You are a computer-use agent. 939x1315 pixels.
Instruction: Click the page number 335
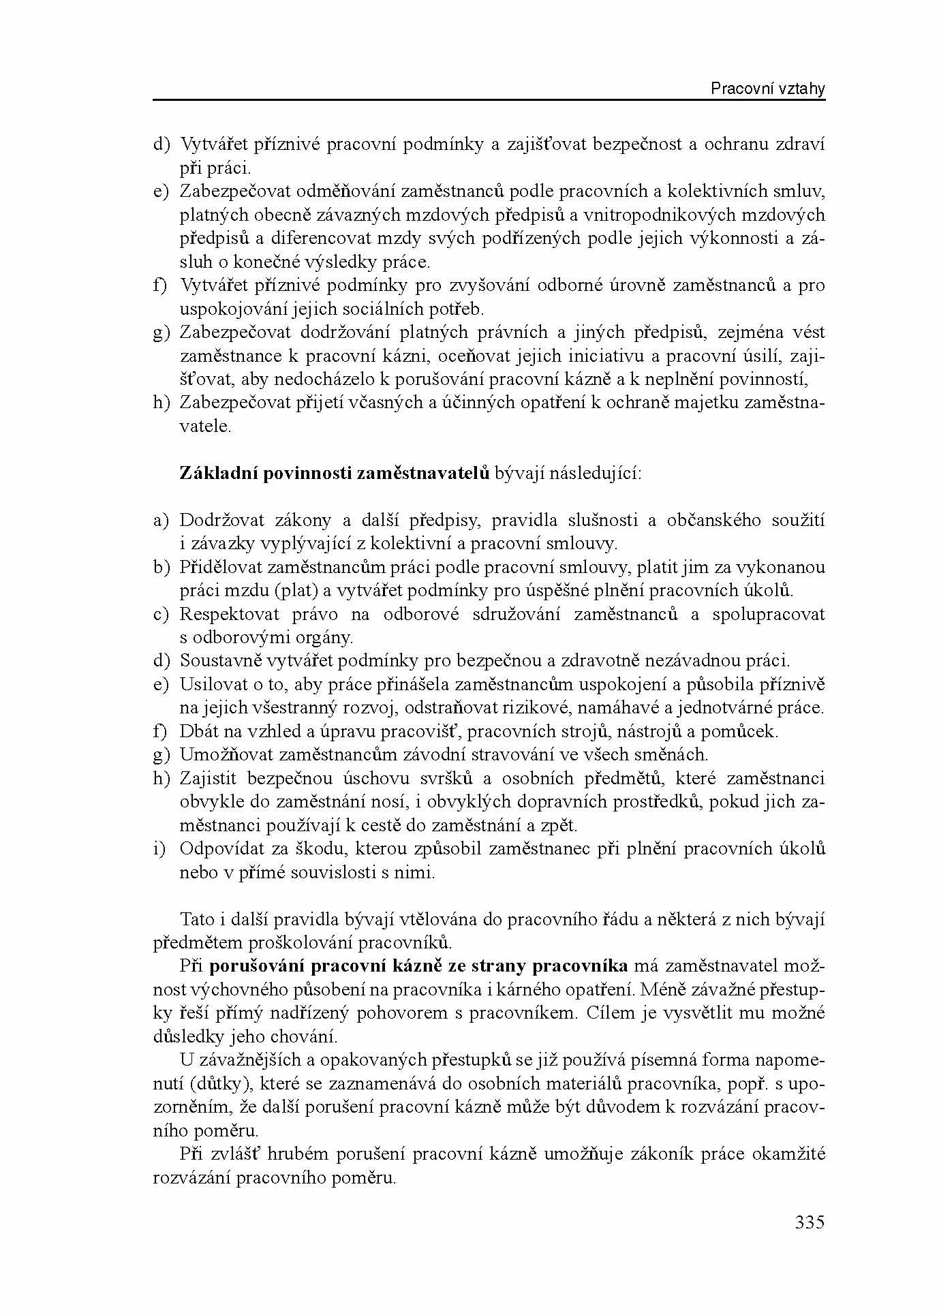coord(810,1222)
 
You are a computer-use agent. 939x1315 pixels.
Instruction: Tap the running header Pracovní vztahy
coord(768,89)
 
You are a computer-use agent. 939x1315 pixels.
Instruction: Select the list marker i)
coord(159,849)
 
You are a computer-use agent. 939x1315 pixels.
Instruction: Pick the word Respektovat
coord(230,615)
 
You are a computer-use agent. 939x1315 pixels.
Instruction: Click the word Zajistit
coord(208,778)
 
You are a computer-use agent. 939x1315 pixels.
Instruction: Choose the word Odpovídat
coord(223,849)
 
